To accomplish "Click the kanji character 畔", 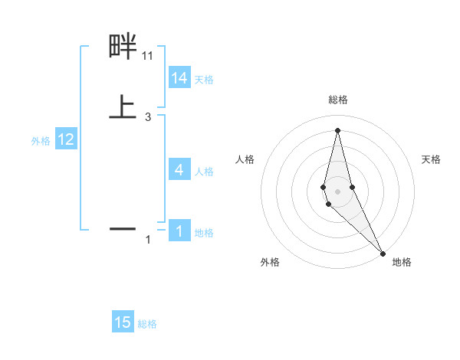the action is (123, 47).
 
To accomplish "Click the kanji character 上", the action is (123, 107).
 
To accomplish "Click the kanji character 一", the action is (123, 228).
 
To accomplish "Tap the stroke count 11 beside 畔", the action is (148, 56).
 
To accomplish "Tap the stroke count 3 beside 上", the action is (148, 116).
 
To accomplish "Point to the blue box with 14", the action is (179, 77).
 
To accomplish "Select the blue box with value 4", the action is (179, 170).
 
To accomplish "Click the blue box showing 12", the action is (66, 139).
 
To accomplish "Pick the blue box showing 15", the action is (123, 322).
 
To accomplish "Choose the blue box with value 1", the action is (179, 231).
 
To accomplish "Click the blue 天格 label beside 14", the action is (204, 80).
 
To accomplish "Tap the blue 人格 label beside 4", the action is (204, 172).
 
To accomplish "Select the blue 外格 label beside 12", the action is (41, 141).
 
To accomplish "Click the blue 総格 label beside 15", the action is (147, 324).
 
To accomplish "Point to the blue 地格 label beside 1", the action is (204, 233).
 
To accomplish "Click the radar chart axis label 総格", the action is (338, 100).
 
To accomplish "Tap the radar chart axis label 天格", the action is (432, 159).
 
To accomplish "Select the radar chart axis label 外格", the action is (270, 262).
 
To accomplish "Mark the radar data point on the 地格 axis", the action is (383, 254).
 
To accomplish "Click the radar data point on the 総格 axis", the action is (337, 129).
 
